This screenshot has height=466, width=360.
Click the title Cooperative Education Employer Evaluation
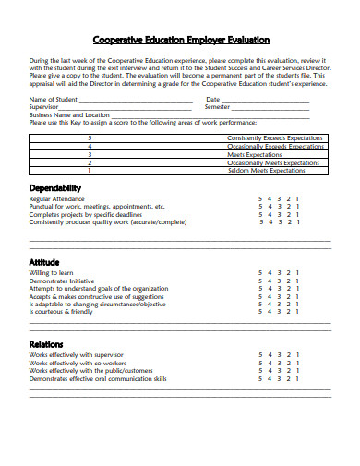181,40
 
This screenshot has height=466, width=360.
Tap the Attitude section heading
45,262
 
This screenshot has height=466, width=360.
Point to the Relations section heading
47,343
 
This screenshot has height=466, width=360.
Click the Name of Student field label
53,100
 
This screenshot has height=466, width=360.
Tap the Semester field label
218,107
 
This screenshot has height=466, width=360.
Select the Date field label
212,100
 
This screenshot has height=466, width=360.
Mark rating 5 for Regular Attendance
259,198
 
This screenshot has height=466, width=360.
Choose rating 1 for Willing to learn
297,273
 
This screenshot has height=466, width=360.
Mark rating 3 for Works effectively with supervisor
279,354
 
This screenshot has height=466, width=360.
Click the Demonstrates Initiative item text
63,281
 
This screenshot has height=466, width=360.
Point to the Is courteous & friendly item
61,312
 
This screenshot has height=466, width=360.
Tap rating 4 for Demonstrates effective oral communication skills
269,378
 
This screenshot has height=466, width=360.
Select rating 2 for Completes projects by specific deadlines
288,214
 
